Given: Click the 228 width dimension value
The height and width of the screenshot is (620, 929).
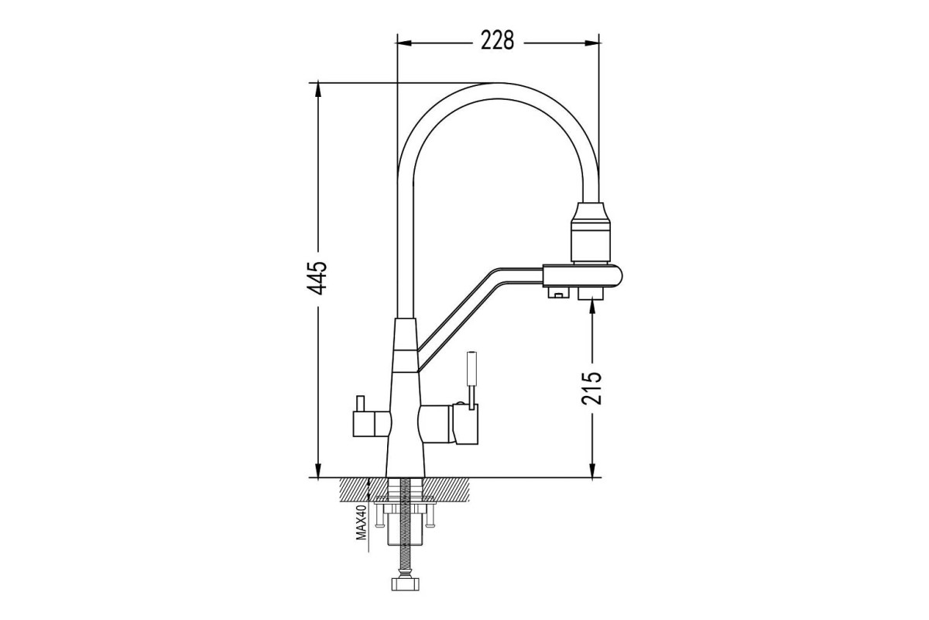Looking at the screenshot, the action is [497, 41].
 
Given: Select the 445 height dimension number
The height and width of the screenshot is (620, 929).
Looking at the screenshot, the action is [317, 278].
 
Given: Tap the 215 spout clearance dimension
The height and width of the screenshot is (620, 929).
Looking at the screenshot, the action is [591, 388].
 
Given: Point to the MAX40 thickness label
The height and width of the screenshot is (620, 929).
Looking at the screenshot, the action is [362, 522].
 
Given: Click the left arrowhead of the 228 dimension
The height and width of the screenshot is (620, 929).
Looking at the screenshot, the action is [404, 43].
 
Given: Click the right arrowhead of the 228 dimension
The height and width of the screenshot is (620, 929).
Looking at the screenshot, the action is [591, 43].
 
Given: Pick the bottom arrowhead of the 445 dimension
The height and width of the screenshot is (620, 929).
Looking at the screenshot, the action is [318, 470].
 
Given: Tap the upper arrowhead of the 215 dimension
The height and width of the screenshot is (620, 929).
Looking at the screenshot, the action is [591, 308].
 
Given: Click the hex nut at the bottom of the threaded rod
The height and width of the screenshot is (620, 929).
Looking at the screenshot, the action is [406, 584].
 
